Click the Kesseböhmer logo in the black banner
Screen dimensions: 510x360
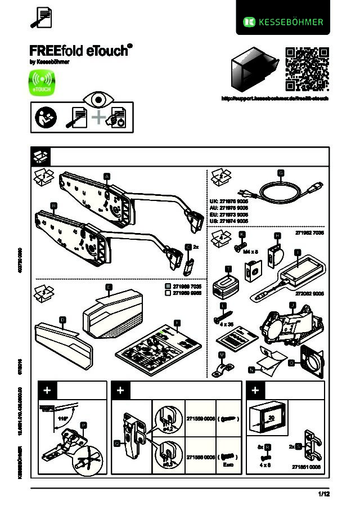283,22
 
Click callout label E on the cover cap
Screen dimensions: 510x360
109,287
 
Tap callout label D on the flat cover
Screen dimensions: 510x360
62,320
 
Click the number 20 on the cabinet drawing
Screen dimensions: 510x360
270,417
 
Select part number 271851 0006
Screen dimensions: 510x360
307,467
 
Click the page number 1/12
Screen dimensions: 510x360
323,494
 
